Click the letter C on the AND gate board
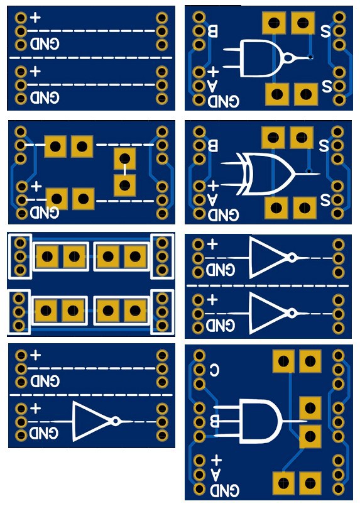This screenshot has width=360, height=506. click(214, 369)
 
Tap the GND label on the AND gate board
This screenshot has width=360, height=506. click(224, 489)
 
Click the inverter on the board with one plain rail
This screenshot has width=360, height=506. click(92, 421)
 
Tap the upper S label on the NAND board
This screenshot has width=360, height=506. click(326, 30)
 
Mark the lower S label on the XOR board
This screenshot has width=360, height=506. click(325, 201)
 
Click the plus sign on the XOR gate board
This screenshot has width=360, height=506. click(214, 185)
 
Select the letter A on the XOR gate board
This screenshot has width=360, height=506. click(214, 200)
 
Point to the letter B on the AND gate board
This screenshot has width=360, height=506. click(214, 419)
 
